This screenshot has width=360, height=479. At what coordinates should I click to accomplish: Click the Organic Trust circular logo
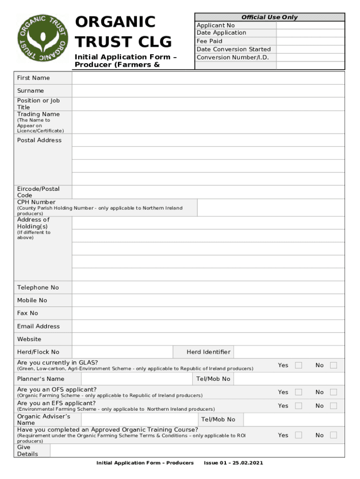(43, 38)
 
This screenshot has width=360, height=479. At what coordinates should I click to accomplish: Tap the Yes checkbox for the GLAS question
(298, 365)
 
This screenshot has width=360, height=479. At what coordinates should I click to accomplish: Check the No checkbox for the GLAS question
(333, 365)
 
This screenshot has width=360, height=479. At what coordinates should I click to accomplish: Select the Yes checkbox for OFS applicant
(298, 392)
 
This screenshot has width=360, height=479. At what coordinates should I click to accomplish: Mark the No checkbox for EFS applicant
(333, 406)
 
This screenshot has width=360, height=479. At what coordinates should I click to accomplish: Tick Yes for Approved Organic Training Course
(298, 435)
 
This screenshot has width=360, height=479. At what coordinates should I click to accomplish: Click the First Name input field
(208, 78)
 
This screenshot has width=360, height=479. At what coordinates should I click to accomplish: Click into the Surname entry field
(208, 91)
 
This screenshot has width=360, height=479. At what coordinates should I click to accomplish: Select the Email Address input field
(208, 327)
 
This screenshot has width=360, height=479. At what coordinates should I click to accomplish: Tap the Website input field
(208, 339)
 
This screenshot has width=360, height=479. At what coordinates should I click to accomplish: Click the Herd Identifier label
(208, 352)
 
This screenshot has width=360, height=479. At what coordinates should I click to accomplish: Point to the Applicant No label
(216, 25)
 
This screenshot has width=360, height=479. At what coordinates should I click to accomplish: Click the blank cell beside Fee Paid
(310, 41)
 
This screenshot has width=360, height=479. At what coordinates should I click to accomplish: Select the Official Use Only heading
(269, 17)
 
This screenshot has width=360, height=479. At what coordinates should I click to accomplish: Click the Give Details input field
(197, 450)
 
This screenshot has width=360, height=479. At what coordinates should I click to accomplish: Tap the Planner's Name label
(41, 379)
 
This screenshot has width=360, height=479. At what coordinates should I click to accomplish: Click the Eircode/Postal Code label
(38, 192)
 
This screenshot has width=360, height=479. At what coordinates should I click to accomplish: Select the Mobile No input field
(208, 300)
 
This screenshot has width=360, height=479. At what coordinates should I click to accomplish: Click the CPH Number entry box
(271, 208)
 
